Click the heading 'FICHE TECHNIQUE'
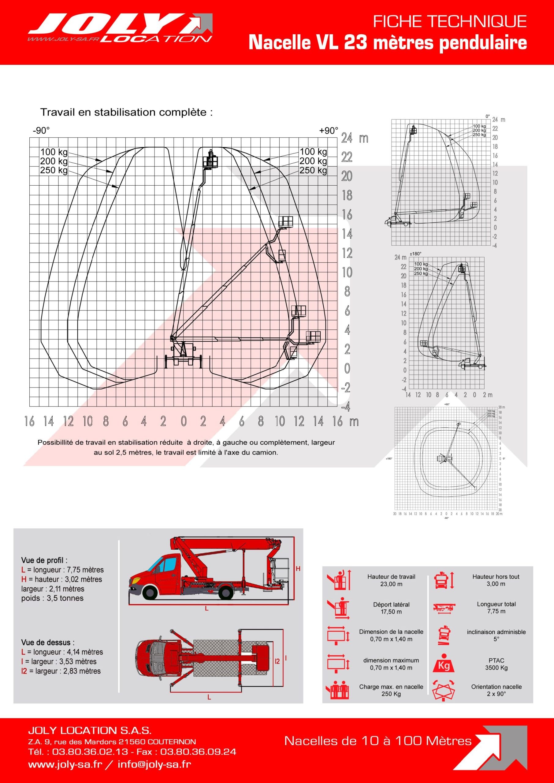point(450,22)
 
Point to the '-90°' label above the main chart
point(41,131)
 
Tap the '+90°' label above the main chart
point(329,131)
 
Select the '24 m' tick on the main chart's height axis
point(355,138)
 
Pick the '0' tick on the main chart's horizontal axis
point(184,421)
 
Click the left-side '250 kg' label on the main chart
point(54,170)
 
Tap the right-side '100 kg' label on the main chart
point(313,151)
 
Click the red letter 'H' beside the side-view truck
point(298,569)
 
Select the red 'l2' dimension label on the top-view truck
point(277,661)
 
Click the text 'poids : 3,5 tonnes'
point(52,598)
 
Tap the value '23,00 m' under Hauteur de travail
point(391,584)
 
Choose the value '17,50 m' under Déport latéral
point(391,612)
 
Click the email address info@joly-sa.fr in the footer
point(154,764)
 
